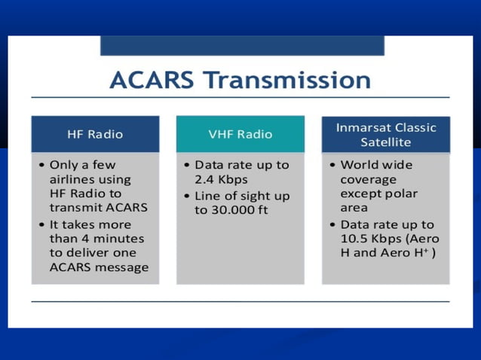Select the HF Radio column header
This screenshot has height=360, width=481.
point(95,134)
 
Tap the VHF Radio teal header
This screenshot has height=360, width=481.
point(240,134)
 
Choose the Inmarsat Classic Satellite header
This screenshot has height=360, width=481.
point(385,134)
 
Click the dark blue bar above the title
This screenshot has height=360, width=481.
point(242,44)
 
